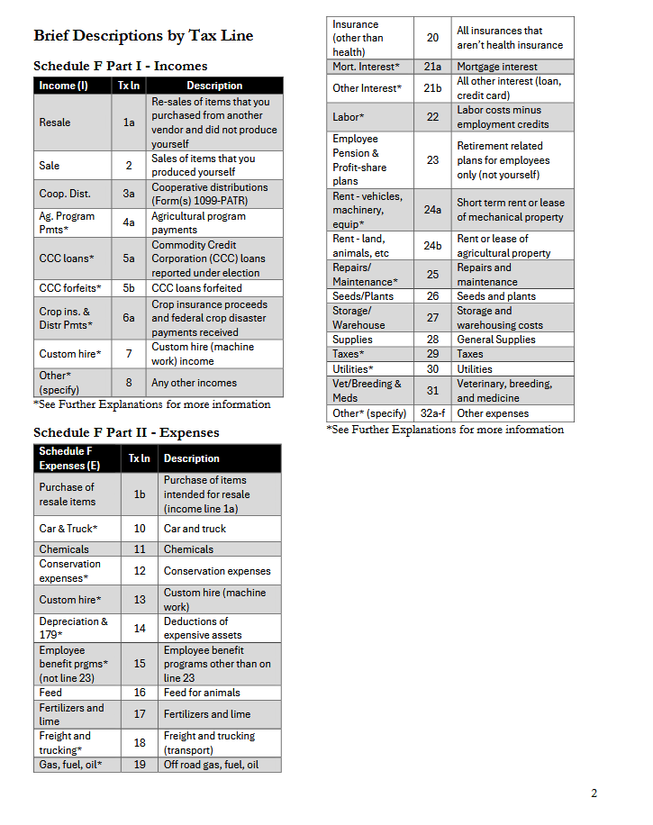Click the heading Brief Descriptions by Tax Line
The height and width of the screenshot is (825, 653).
pos(143,36)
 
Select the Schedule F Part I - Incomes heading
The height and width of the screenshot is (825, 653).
pos(120,66)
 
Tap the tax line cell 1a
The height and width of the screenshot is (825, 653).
pos(129,122)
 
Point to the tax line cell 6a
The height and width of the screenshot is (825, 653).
pos(129,318)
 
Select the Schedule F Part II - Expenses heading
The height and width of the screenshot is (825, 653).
pos(126,432)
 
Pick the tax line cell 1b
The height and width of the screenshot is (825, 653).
pos(140,494)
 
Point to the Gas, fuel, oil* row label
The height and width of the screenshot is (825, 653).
pos(70,765)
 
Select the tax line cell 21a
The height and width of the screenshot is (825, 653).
pos(432,67)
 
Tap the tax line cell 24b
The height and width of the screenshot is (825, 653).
pos(432,246)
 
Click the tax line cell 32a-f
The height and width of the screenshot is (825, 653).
pos(432,413)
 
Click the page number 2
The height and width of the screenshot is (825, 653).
pos(594,793)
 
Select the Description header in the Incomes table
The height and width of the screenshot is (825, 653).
pos(214,86)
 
